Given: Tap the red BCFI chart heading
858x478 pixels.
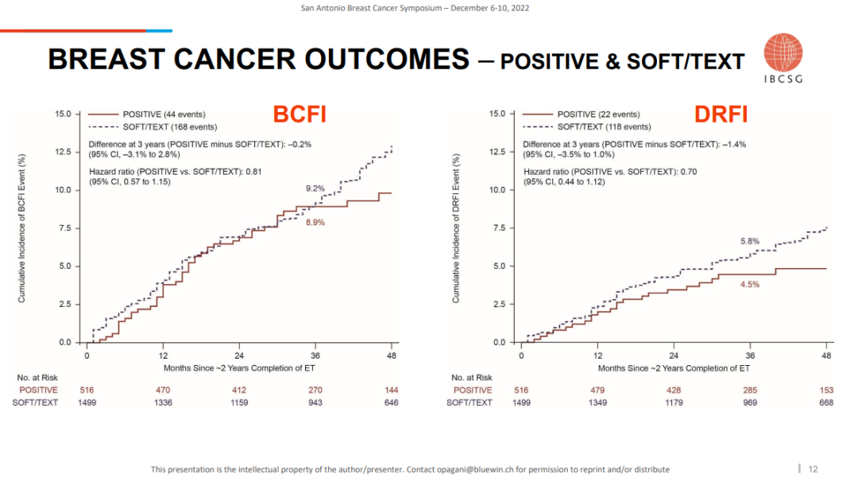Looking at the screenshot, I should (300, 115).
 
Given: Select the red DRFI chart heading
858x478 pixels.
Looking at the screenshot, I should (721, 115).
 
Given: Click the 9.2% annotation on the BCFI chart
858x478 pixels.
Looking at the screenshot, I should (315, 188).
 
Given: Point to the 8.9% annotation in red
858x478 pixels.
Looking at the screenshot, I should (315, 223).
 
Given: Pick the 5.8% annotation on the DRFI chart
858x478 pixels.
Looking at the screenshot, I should (750, 241).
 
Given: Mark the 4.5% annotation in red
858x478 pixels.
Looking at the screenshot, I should (750, 284).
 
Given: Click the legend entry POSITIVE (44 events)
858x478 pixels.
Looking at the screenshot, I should (164, 115).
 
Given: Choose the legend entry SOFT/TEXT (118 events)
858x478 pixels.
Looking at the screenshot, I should (604, 126).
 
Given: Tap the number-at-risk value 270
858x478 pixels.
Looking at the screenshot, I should (315, 390).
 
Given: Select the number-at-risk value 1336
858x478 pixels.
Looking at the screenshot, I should (163, 402).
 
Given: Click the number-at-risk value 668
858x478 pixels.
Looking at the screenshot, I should (826, 402).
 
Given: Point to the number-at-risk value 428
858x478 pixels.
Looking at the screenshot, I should (674, 390).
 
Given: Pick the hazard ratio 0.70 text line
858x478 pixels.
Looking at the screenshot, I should (610, 171).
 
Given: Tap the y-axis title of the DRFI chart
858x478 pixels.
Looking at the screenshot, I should (456, 228).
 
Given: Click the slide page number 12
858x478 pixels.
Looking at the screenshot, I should (813, 468).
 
